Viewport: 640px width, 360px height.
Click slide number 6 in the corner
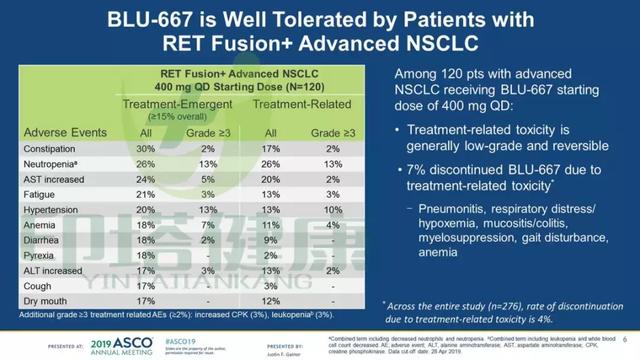coord(624,338)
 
